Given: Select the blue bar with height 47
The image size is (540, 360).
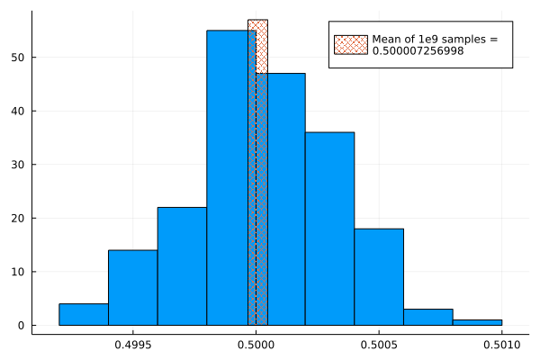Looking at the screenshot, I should coord(286,198).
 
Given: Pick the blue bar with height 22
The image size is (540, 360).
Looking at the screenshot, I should coord(182,266).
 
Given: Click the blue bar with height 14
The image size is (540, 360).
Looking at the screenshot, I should coord(132,287).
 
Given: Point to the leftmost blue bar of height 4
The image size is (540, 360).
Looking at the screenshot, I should coord(84,314).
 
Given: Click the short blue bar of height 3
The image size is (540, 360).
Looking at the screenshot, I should coord(427,317).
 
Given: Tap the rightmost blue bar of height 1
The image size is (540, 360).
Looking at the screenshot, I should coord(477,322).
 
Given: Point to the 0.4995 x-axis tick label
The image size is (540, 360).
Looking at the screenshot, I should coord(133,344).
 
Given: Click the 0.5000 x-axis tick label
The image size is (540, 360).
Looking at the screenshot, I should coord(256,344).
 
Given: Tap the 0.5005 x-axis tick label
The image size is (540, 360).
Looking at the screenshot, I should coord(379,344).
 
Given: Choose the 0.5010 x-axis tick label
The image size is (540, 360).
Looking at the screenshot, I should coord(501,344).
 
